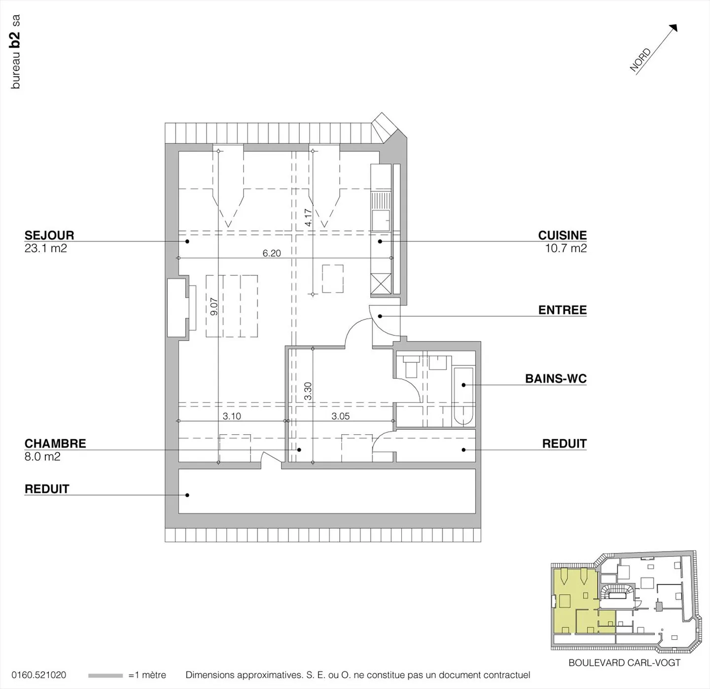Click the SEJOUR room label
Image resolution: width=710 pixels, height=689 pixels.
point(49,235)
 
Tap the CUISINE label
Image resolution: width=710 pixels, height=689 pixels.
point(562,235)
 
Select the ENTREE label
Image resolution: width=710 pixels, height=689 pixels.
point(562,310)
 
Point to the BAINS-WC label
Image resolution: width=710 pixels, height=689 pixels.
point(556,379)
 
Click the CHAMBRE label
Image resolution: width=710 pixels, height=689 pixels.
point(55,444)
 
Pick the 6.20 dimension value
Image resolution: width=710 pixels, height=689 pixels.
point(272,253)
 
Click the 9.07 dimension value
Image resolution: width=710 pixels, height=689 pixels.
point(214,307)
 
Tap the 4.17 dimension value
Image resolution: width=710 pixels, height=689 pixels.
point(308,217)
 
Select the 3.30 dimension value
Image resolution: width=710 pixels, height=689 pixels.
point(308,391)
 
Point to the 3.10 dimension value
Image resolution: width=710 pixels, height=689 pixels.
point(232,416)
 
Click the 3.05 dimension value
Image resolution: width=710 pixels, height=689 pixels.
point(340,416)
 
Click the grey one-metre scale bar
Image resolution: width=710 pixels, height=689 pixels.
point(106,676)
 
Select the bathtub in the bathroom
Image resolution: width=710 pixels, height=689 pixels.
point(463,396)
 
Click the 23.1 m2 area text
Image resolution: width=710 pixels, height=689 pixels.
point(45,248)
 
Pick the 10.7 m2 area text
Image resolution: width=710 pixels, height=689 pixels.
point(566,248)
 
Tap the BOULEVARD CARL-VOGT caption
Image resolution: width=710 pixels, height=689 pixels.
point(624,663)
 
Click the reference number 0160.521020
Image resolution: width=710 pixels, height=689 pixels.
point(38,675)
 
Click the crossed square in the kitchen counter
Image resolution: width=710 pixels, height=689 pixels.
point(381,284)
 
